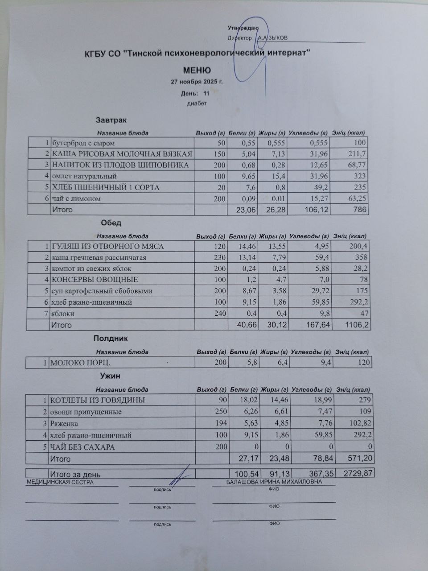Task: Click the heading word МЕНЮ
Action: [197, 70]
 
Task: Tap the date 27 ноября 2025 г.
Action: [197, 82]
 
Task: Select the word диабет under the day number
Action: [197, 103]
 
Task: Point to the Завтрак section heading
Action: [111, 120]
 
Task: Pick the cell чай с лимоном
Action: [77, 199]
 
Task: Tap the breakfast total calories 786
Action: [360, 209]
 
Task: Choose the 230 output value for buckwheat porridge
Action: [219, 257]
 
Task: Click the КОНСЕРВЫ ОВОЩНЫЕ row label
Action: [95, 280]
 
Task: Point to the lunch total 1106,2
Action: [357, 325]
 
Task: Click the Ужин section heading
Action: [110, 376]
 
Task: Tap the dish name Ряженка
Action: [66, 423]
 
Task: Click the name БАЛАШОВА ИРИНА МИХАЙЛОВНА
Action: [274, 482]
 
